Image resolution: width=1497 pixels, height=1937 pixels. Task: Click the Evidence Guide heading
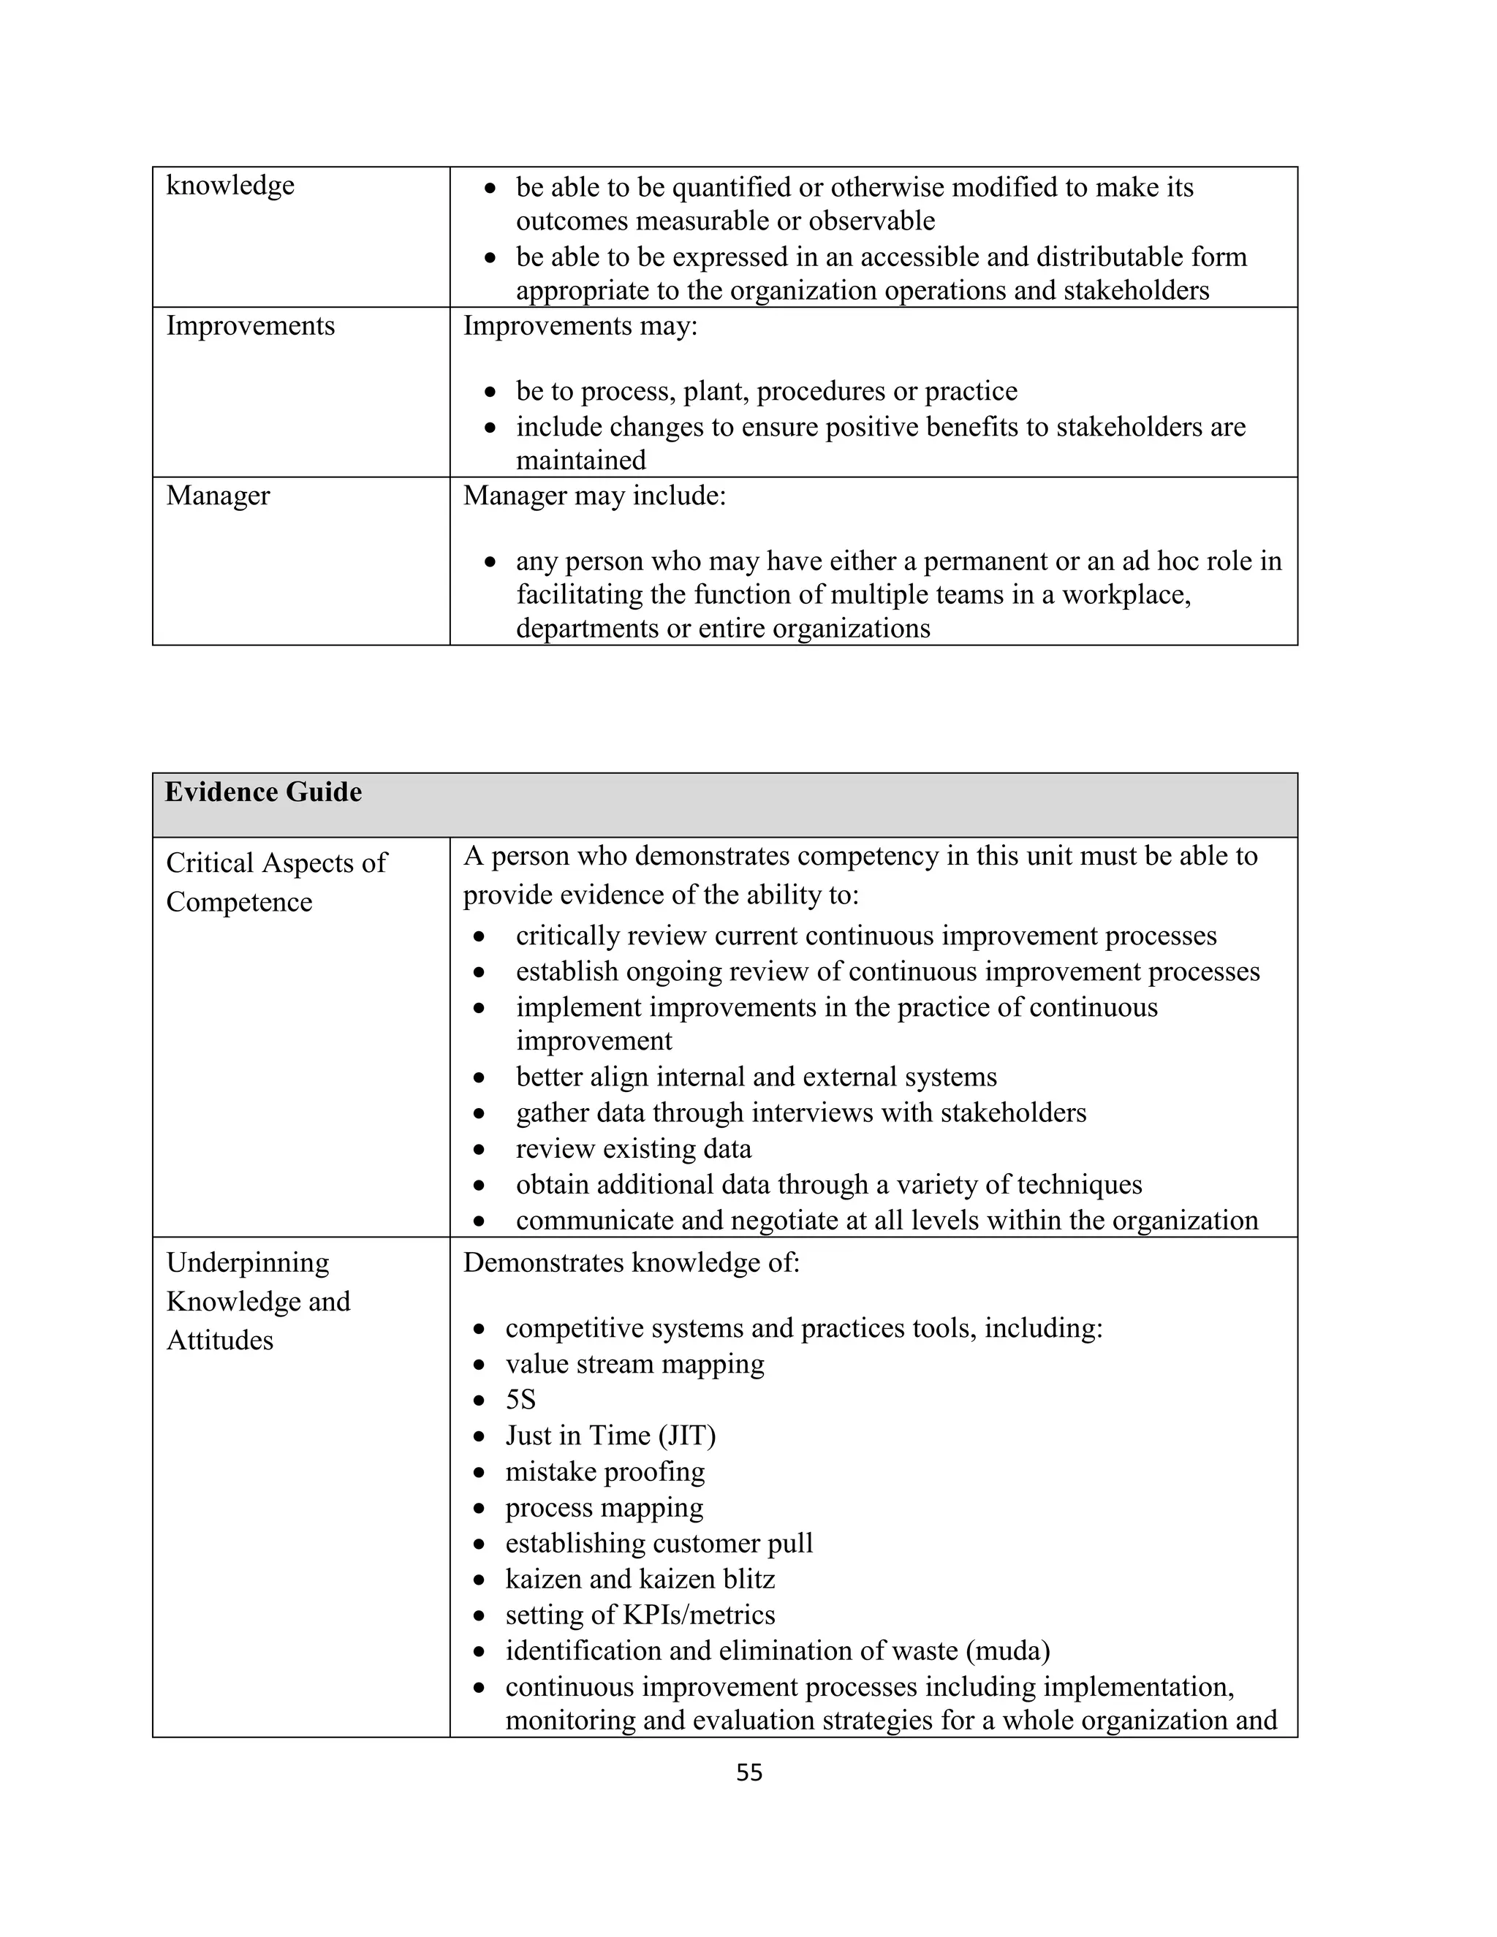pyautogui.click(x=263, y=792)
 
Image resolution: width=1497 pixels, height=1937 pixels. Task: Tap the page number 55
pyautogui.click(x=749, y=1772)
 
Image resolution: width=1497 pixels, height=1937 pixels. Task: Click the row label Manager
pyautogui.click(x=218, y=495)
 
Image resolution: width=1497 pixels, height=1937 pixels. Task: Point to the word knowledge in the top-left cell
pyautogui.click(x=230, y=186)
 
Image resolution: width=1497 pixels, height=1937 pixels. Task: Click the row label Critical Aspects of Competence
pyautogui.click(x=276, y=882)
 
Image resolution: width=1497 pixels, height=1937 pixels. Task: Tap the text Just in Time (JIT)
pyautogui.click(x=610, y=1435)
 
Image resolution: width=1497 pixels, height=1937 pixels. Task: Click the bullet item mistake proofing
pyautogui.click(x=605, y=1471)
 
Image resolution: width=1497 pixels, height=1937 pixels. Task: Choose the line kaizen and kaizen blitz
pyautogui.click(x=640, y=1579)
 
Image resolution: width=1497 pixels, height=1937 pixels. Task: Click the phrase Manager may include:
pyautogui.click(x=594, y=495)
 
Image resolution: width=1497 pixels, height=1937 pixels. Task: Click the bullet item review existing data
pyautogui.click(x=633, y=1148)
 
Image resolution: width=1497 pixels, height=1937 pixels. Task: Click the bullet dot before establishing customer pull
pyautogui.click(x=479, y=1544)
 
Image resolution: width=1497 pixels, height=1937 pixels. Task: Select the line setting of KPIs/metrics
pyautogui.click(x=640, y=1614)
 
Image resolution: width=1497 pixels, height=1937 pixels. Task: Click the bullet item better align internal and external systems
pyautogui.click(x=756, y=1077)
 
